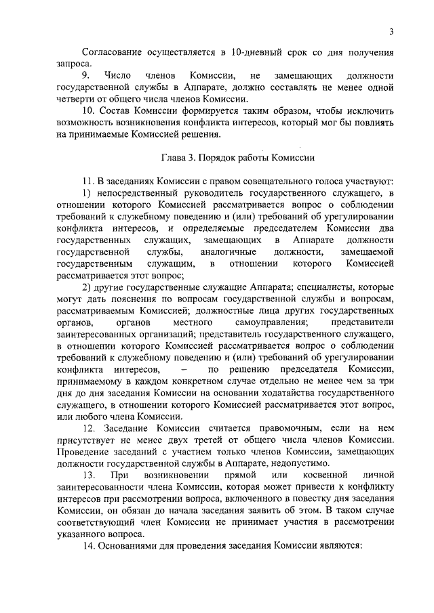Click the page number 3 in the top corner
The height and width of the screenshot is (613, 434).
393,32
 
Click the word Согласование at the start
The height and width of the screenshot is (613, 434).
113,52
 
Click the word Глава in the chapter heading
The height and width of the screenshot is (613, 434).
174,158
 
